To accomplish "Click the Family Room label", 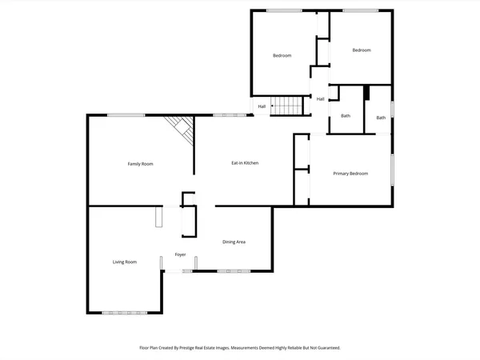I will tap(140, 164).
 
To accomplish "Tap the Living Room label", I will tap(124, 262).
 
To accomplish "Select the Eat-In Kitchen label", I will tap(245, 163).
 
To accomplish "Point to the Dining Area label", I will tap(234, 242).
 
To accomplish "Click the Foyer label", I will tap(181, 255).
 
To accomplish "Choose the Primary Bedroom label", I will tap(350, 174).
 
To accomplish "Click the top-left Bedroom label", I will tap(282, 55).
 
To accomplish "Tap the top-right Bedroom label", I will tap(362, 50).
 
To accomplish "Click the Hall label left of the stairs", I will tap(262, 106).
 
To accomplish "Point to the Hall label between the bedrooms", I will tap(320, 99).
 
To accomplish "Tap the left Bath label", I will tap(346, 116).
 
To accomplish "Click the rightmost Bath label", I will tap(381, 118).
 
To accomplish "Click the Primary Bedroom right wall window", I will tap(392, 170).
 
